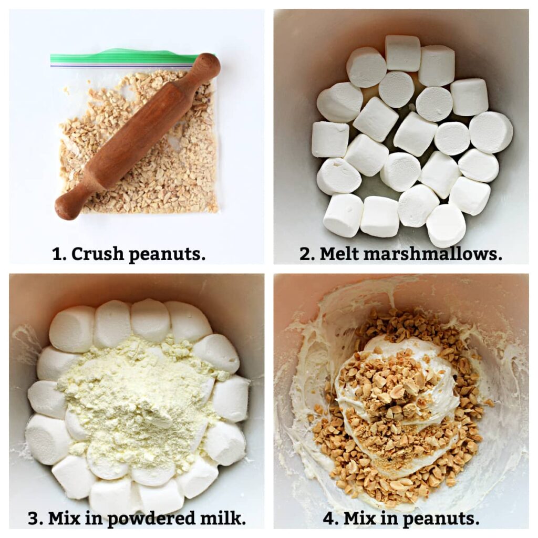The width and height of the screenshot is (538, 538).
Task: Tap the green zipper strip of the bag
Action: pyautogui.click(x=121, y=57)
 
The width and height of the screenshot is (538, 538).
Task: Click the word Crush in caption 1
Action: pyautogui.click(x=98, y=254)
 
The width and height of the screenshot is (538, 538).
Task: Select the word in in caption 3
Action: pyautogui.click(x=97, y=519)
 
